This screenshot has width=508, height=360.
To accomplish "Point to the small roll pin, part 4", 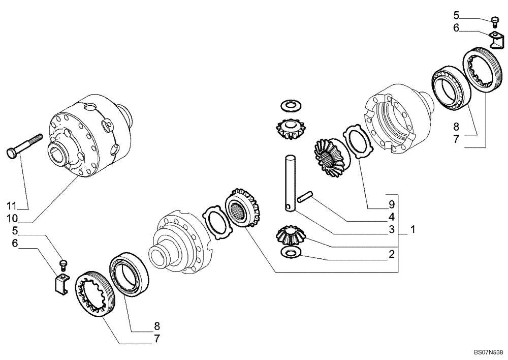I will (x=305, y=197).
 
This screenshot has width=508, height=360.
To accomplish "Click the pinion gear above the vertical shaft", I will (x=289, y=130).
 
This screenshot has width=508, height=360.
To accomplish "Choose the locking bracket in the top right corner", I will (x=496, y=39).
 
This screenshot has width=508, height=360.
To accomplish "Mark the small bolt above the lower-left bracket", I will (x=63, y=263).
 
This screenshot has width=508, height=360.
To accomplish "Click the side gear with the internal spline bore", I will (x=243, y=208).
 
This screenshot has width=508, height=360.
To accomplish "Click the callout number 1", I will (x=413, y=230).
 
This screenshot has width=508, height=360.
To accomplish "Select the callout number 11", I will (x=12, y=206).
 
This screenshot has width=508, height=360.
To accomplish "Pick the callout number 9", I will (x=391, y=206).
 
